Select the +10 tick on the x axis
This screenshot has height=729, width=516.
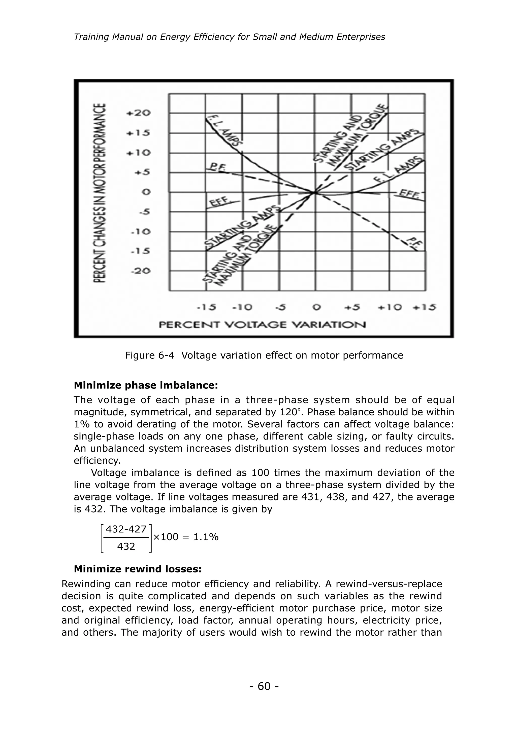point(390,307)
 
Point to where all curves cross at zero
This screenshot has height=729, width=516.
point(315,192)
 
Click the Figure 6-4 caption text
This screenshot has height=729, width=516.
point(264,355)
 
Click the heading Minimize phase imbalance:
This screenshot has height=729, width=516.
point(146,385)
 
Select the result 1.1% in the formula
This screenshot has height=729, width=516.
point(206,537)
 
